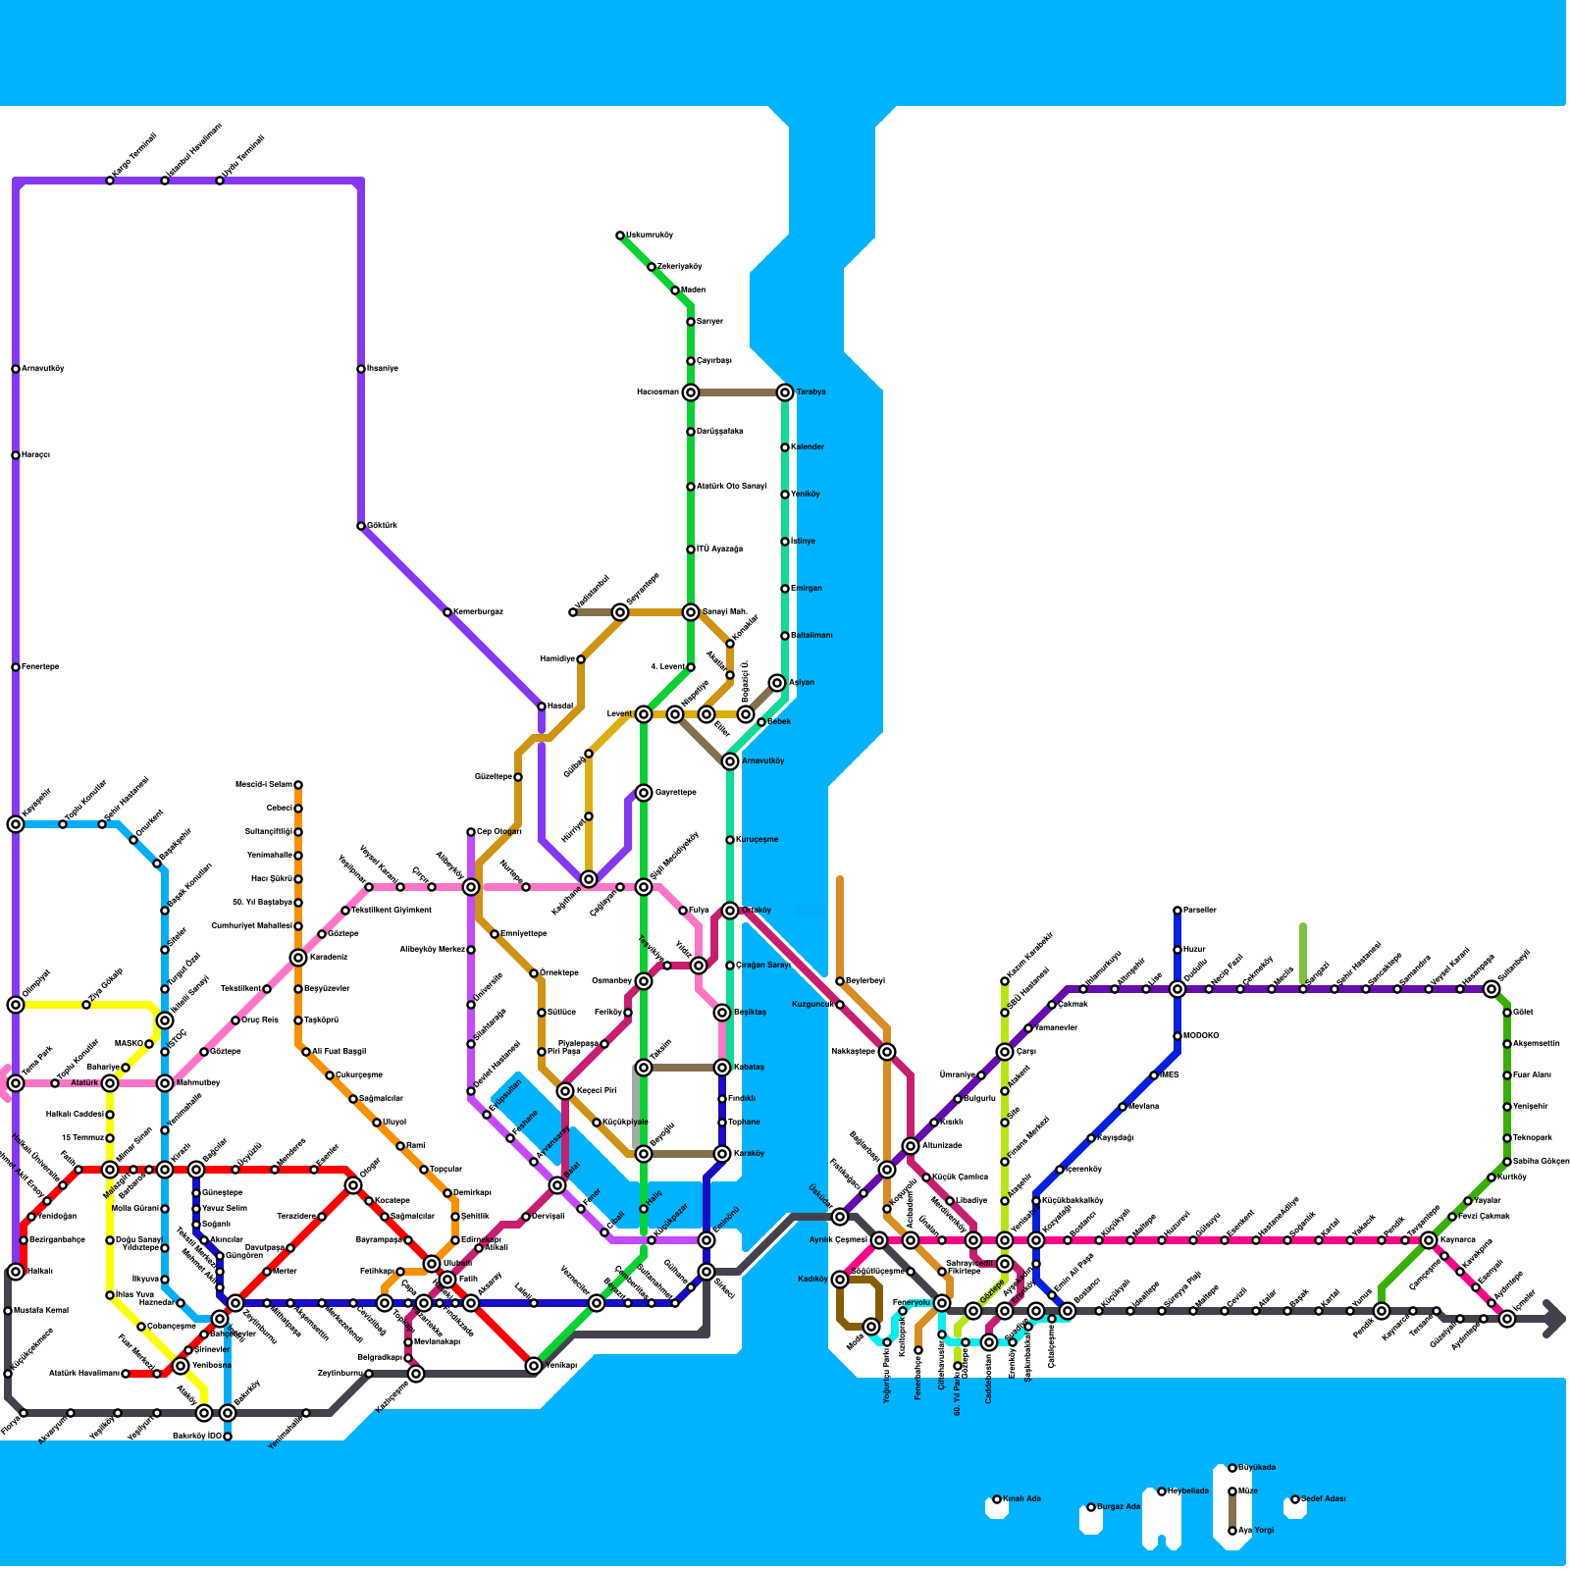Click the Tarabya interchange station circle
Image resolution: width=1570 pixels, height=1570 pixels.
pos(785,392)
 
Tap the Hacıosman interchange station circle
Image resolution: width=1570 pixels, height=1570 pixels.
pos(691,392)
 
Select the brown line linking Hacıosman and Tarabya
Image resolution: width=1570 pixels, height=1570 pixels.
pos(738,392)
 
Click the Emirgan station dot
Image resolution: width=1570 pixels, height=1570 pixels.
pos(785,589)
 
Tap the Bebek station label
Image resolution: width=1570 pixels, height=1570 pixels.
pos(779,722)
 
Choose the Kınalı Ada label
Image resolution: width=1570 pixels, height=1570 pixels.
pos(1021,1499)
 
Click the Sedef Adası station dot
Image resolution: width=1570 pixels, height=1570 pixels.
pos(1295,1499)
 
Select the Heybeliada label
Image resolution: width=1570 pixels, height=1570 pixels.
pos(1188,1491)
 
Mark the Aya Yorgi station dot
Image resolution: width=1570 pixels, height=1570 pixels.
pos(1232,1531)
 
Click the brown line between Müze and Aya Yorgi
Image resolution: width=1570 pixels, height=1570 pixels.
pos(1232,1511)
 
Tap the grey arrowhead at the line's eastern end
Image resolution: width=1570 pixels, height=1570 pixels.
pos(1554,1319)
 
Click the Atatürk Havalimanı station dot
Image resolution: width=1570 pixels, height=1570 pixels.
pos(126,1374)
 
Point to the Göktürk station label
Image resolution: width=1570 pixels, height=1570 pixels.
pos(383,526)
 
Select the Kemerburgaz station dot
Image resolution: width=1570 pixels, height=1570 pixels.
pos(447,612)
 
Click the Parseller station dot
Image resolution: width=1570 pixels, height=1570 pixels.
pos(1177,911)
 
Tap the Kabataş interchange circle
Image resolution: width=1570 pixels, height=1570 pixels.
pos(722,1068)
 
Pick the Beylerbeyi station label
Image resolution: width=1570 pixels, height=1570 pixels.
pos(865,981)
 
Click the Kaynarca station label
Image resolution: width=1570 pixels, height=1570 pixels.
pos(1458,1240)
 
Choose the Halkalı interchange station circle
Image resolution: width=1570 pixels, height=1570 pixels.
pos(16,1272)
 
